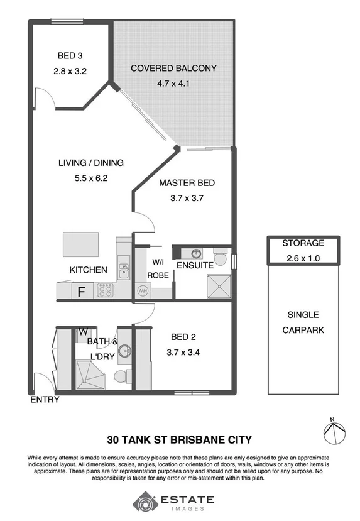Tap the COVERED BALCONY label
coord(173,68)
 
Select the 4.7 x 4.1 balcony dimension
coord(173,82)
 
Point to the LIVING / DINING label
coord(90,163)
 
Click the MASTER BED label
coord(187,183)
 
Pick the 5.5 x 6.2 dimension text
coord(90,178)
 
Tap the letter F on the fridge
coord(81,292)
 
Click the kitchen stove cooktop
coord(104,290)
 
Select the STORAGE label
coord(303,243)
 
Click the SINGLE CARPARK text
coord(303,322)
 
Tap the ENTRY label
coord(45,400)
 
